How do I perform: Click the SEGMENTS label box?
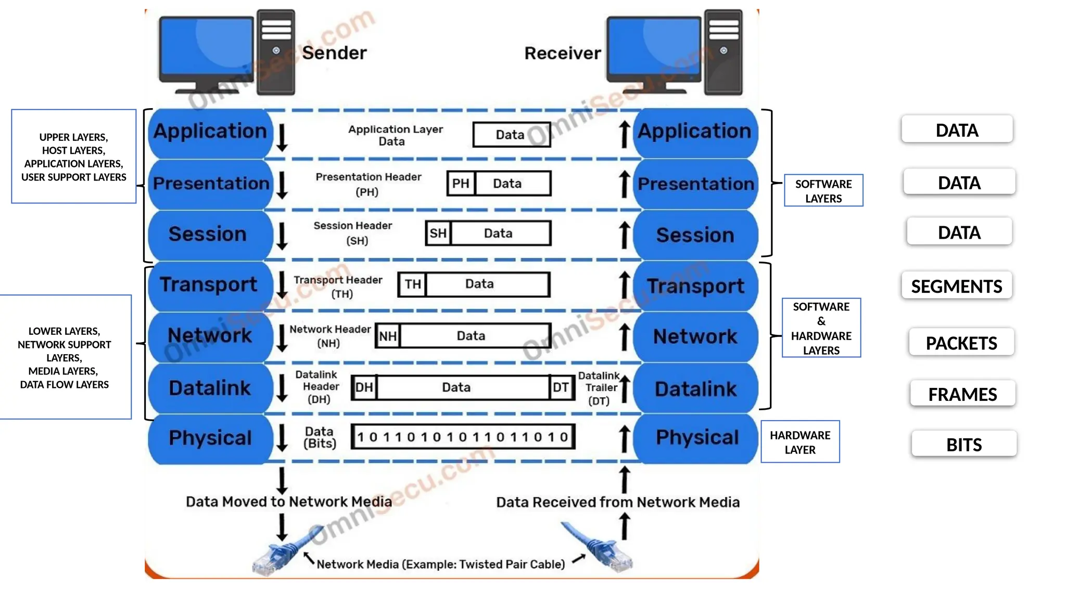[x=957, y=285]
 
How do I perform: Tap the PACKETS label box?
[x=961, y=342]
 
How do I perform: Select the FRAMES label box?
[x=962, y=394]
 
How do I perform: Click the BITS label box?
[x=964, y=444]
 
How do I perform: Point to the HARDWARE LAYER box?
[x=800, y=442]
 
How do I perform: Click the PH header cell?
[x=461, y=184]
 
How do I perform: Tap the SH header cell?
[x=438, y=233]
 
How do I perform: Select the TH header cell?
[x=413, y=284]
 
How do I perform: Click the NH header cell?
[x=388, y=336]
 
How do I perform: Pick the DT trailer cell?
[x=561, y=387]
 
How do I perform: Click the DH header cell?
[x=364, y=387]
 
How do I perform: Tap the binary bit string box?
[x=463, y=437]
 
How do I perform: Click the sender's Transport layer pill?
[x=209, y=285]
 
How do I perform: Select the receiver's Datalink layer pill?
[x=695, y=389]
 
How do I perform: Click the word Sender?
[x=334, y=53]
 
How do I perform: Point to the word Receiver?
[x=562, y=53]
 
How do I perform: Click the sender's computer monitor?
[x=207, y=49]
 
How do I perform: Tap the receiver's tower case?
[x=723, y=52]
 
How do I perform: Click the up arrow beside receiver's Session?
[x=625, y=235]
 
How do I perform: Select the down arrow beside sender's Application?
[x=282, y=137]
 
